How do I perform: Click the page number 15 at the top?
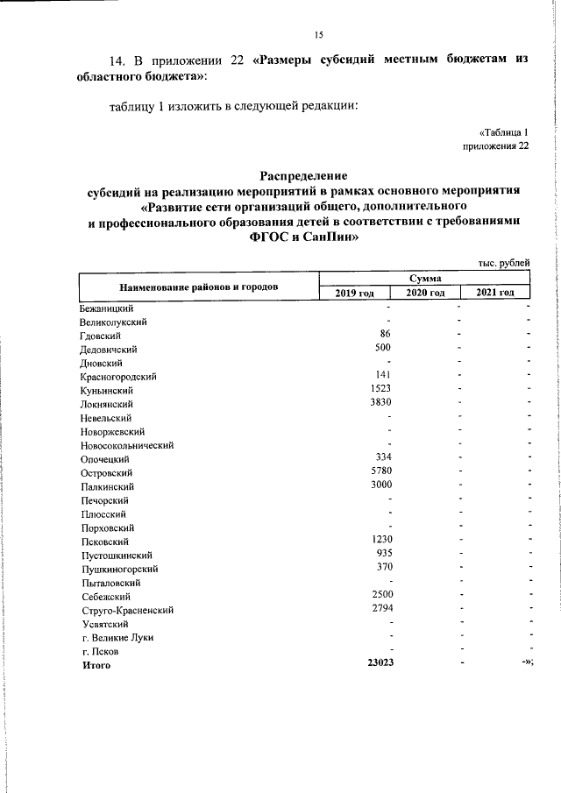pyautogui.click(x=319, y=34)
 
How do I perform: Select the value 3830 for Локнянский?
pyautogui.click(x=380, y=402)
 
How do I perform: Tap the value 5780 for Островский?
pyautogui.click(x=380, y=471)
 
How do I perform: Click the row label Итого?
pyautogui.click(x=96, y=665)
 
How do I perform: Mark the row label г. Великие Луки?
pyautogui.click(x=117, y=638)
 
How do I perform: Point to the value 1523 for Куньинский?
pyautogui.click(x=380, y=389)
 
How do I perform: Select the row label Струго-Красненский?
pyautogui.click(x=124, y=610)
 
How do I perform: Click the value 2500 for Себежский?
pyautogui.click(x=380, y=594)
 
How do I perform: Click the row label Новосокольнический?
pyautogui.click(x=126, y=445)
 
